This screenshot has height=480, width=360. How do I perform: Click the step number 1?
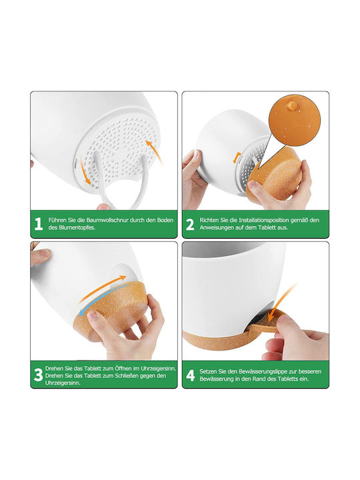tap(38, 224)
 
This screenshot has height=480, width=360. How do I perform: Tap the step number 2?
tap(190, 225)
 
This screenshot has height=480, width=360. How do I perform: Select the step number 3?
tap(38, 375)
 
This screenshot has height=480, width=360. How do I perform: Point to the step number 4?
tap(191, 375)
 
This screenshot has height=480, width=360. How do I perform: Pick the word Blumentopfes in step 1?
tap(76, 228)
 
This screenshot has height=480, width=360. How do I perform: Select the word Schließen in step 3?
tap(126, 375)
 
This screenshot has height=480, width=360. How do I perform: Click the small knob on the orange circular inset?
tap(292, 106)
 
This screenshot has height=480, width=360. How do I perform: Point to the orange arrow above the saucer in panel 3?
tap(103, 289)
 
